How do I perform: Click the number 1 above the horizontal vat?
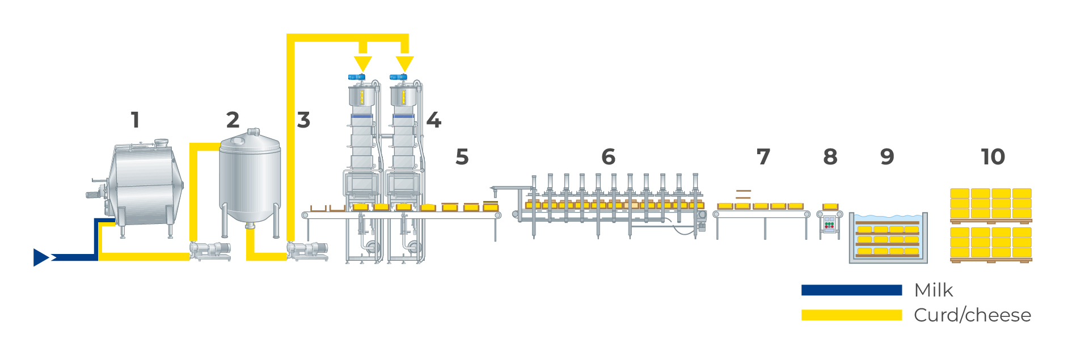135,120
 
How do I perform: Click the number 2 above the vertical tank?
233,120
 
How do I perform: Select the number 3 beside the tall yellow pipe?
303,120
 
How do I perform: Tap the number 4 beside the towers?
433,120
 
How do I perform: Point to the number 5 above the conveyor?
462,157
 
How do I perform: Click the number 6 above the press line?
609,157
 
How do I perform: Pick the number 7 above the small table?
763,157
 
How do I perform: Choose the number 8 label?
830,157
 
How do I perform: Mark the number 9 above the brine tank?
887,157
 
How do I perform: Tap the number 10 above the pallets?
993,157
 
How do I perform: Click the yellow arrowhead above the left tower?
363,63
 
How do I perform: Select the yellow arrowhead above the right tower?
404,63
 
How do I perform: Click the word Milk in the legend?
934,290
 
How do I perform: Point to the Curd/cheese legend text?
972,315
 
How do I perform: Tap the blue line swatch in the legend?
851,290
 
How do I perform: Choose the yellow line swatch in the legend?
851,315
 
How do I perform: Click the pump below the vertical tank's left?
210,250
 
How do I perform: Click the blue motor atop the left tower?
356,77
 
